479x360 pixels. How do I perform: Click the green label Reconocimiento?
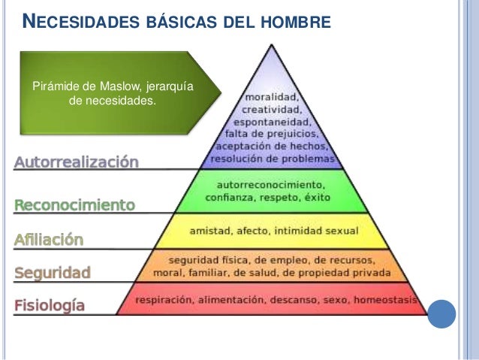pos(75,204)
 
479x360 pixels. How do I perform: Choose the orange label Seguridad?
pos(53,273)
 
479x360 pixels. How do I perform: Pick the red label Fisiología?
pos(50,306)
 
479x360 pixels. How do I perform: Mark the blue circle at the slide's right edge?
pos(441,313)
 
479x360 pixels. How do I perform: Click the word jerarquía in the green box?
pos(170,86)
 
